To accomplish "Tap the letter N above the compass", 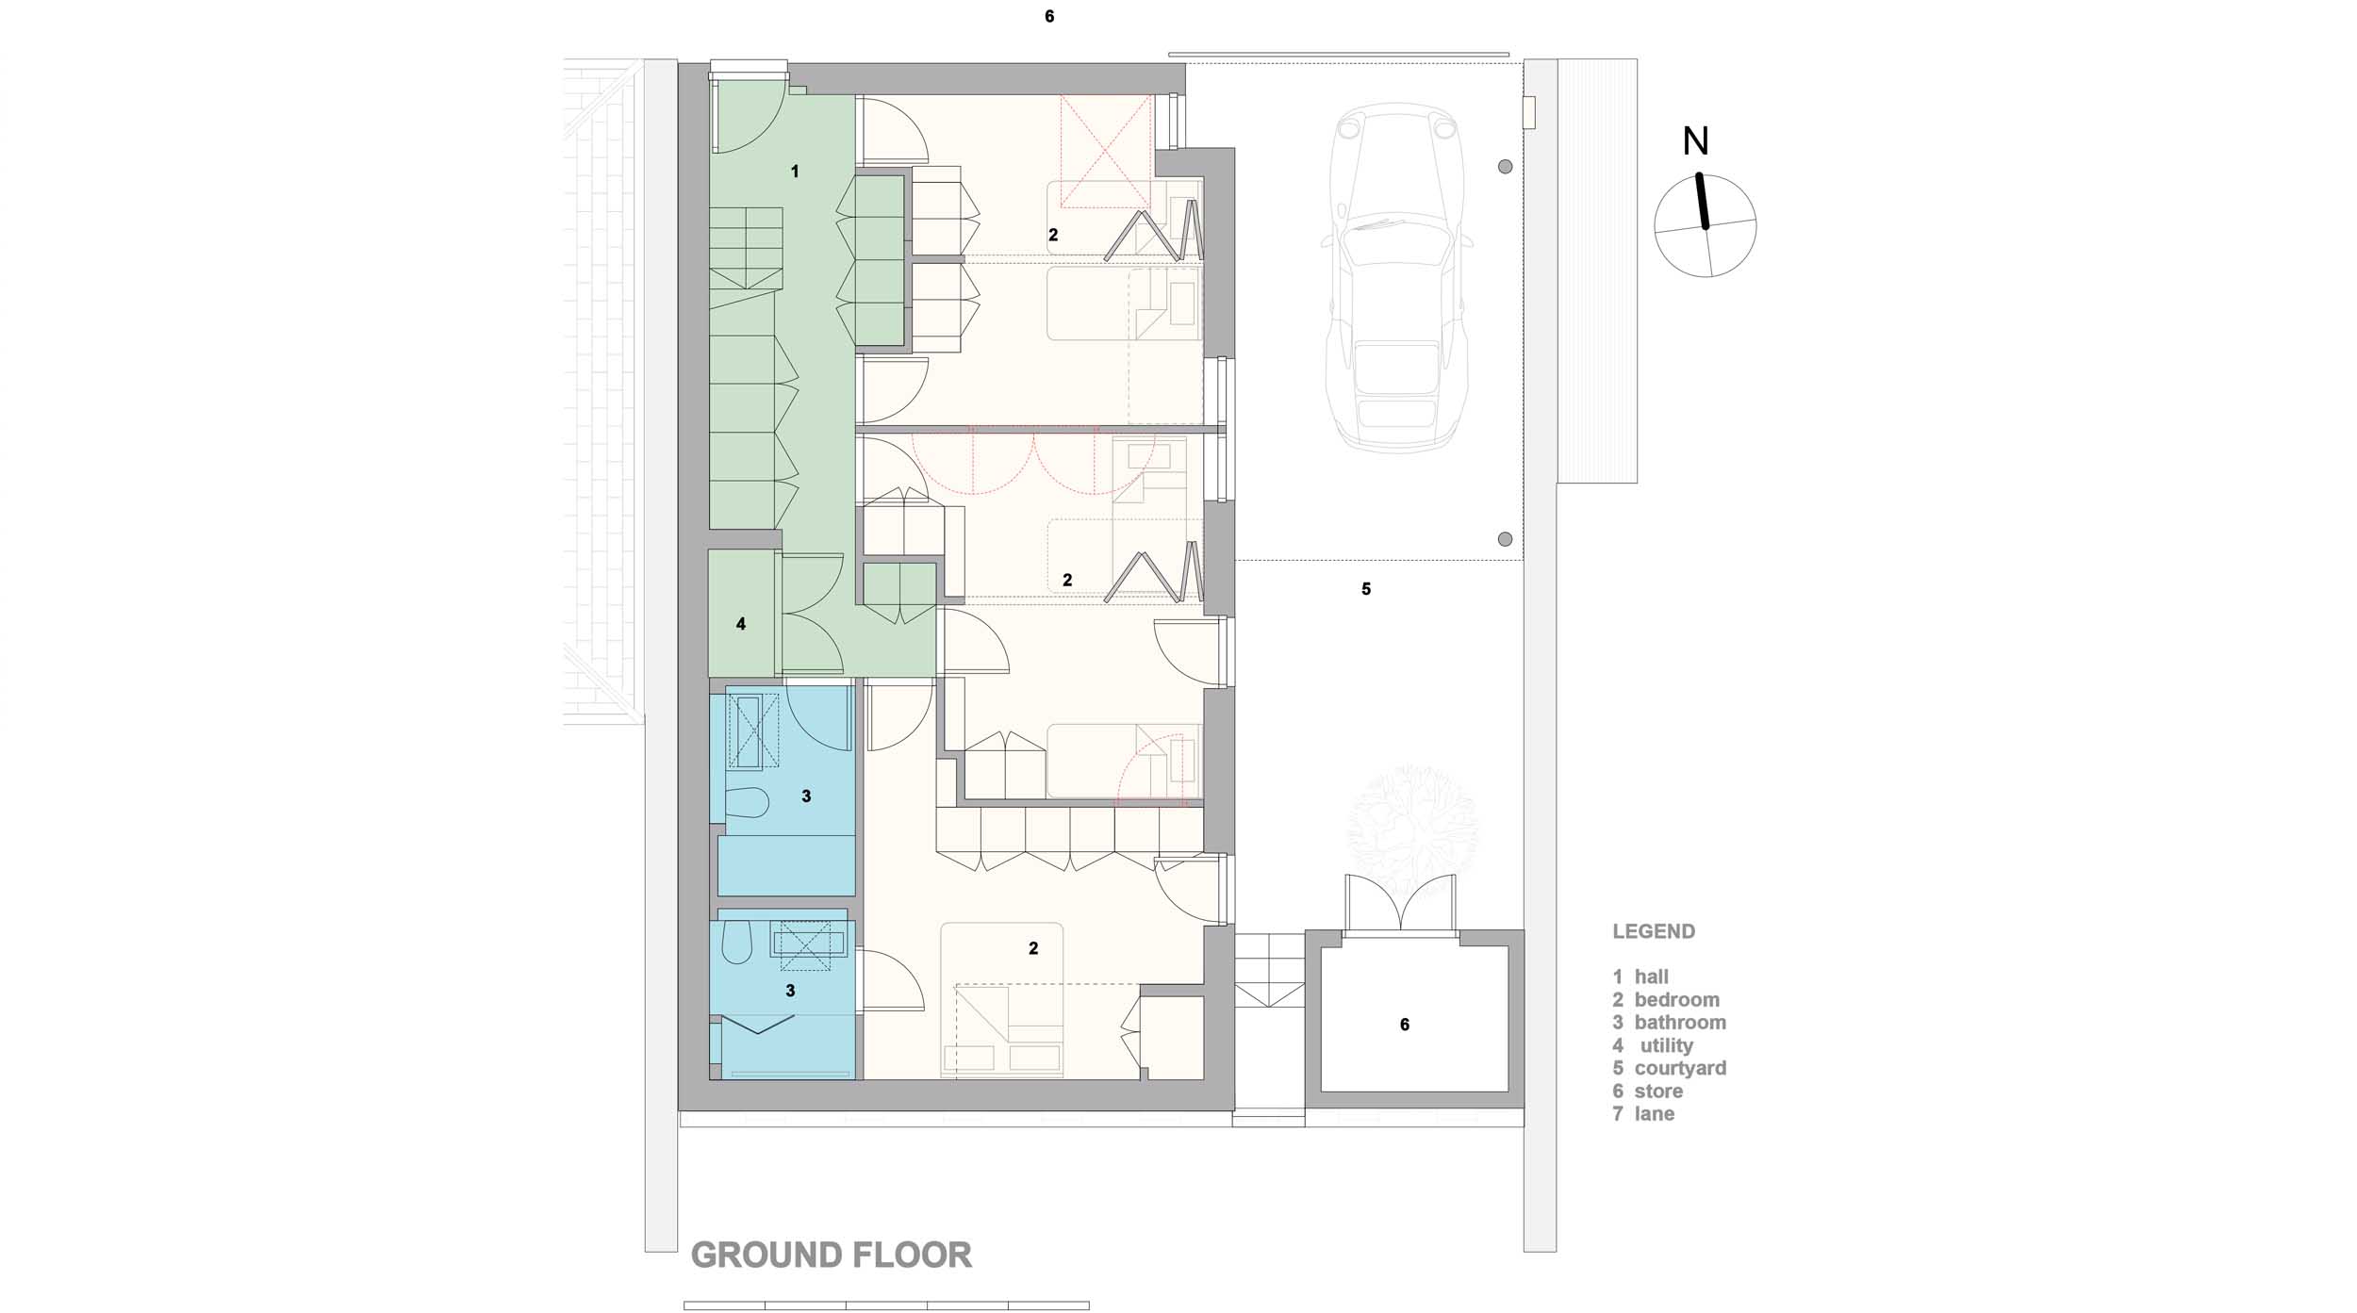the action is tap(1695, 141).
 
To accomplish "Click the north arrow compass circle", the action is tap(1705, 225).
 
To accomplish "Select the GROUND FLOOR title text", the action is tap(832, 1255).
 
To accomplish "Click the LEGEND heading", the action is tap(1654, 931).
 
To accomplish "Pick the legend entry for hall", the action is tap(1640, 977).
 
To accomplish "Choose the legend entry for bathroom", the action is tap(1670, 1022).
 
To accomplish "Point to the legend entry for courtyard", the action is tap(1670, 1068).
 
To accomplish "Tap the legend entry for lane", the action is tap(1643, 1113).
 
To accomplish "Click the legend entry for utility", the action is tap(1653, 1045).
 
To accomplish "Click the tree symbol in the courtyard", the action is tap(1413, 829).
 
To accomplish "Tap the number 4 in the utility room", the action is tap(741, 624).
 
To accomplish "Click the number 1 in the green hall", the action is tap(795, 172).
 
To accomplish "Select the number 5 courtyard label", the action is tap(1366, 589).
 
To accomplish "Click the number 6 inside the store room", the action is tap(1405, 1025).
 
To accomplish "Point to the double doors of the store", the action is tap(1400, 905).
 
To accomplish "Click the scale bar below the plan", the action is tap(886, 1305).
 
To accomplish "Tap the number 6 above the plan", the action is tap(1049, 17).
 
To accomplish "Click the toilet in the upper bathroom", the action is tap(747, 803).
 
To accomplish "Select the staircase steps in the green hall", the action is tap(746, 249).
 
